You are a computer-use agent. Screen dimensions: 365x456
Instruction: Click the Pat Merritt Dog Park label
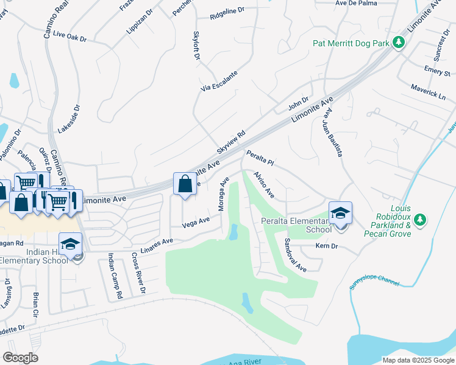click(x=351, y=43)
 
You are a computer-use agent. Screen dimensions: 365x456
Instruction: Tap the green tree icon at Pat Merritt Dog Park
click(x=399, y=43)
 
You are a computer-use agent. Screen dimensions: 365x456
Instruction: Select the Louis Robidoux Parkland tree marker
click(x=419, y=218)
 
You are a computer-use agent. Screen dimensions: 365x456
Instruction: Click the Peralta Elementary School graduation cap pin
click(x=340, y=213)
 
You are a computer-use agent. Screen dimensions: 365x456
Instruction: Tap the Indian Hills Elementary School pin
click(x=70, y=244)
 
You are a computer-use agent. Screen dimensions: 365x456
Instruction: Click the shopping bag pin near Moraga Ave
click(x=185, y=184)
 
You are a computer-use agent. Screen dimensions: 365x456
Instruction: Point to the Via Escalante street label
click(x=219, y=81)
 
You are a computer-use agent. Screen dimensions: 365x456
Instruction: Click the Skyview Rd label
click(x=231, y=142)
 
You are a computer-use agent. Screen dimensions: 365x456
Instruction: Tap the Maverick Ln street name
click(x=428, y=91)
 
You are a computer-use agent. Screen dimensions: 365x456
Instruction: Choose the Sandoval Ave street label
click(x=294, y=254)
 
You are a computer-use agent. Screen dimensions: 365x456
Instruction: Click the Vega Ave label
click(x=196, y=223)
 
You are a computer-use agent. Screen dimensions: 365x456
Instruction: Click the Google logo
click(x=21, y=358)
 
